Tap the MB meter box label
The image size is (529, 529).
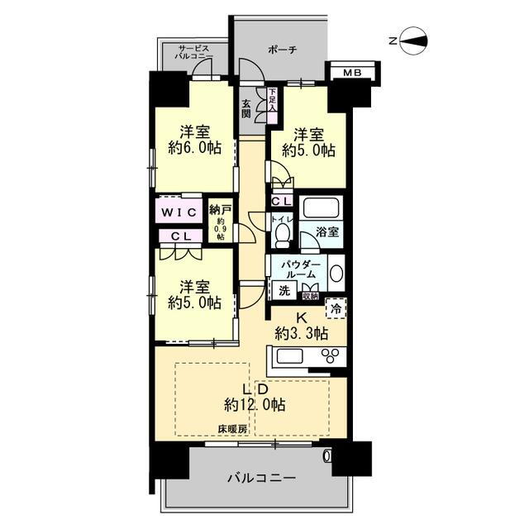(352, 72)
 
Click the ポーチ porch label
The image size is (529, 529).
(283, 50)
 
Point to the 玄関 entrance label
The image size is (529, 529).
(246, 108)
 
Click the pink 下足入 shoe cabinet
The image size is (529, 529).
(272, 105)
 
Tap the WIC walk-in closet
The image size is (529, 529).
(179, 212)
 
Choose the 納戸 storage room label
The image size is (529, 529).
(220, 210)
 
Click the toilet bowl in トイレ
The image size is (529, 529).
(283, 236)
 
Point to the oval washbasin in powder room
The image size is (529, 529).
(336, 274)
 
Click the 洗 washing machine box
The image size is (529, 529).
(284, 291)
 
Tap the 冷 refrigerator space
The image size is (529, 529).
(336, 308)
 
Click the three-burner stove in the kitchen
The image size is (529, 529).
(331, 355)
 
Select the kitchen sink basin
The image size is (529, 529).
(290, 356)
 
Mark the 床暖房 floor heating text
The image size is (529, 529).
(232, 429)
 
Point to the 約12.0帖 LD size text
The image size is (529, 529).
(255, 404)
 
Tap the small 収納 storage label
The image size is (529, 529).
(311, 297)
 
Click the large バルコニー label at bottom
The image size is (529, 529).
(262, 478)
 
